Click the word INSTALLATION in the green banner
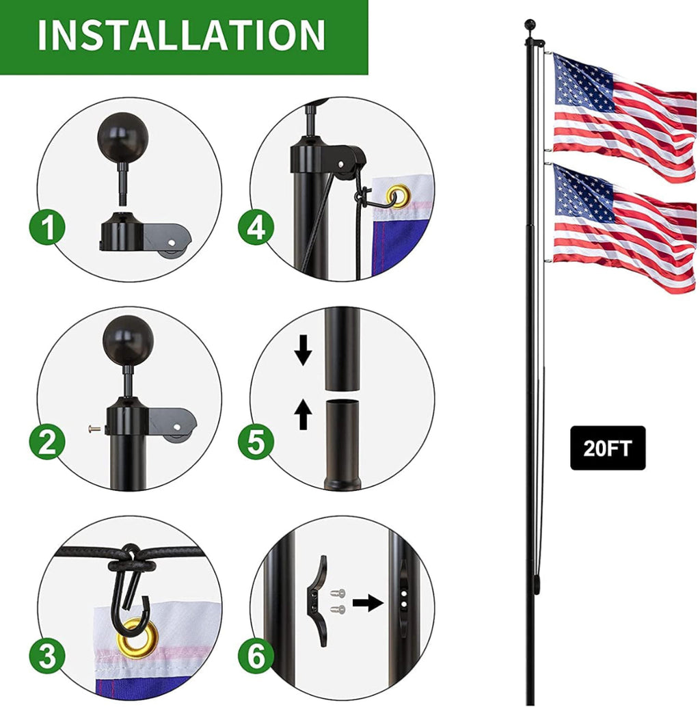click(181, 35)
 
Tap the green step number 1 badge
click(46, 228)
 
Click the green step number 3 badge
click(46, 657)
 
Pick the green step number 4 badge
click(256, 228)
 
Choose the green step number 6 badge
click(256, 657)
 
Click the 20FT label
click(608, 449)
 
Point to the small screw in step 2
click(94, 429)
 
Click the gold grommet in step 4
click(396, 197)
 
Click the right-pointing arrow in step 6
click(368, 603)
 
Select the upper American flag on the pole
click(622, 113)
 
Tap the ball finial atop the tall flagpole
click(529, 25)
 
